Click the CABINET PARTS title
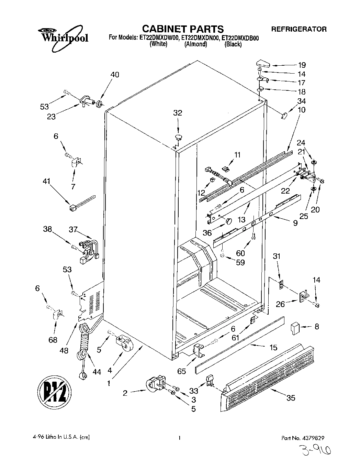point(183,29)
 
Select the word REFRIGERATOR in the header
point(299,29)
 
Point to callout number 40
point(115,75)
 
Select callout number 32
point(178,113)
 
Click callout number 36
point(207,233)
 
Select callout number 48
point(64,351)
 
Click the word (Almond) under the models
point(195,44)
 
